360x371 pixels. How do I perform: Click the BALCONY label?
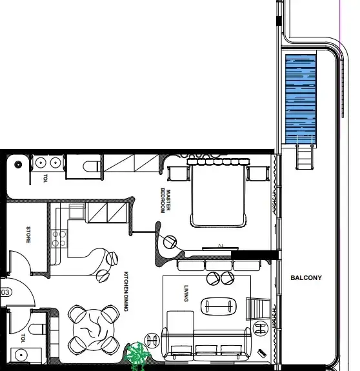click(x=306, y=278)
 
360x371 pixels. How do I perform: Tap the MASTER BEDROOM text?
click(x=165, y=201)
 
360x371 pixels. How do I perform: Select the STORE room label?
click(x=28, y=235)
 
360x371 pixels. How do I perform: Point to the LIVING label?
click(x=186, y=294)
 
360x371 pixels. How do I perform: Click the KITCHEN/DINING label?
click(x=126, y=291)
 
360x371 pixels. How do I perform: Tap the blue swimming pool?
click(x=301, y=99)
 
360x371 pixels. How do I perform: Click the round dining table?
click(x=94, y=330)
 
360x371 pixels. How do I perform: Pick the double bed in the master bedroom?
click(x=218, y=193)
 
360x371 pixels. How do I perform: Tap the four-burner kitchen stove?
click(x=59, y=239)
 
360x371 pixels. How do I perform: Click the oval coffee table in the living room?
click(x=218, y=306)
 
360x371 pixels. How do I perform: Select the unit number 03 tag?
click(x=6, y=292)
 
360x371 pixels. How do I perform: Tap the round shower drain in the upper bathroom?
click(x=18, y=164)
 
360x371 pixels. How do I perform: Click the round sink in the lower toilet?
click(x=21, y=355)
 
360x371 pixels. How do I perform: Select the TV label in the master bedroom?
click(x=220, y=246)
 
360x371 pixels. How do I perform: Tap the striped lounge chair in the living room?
click(x=258, y=309)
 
